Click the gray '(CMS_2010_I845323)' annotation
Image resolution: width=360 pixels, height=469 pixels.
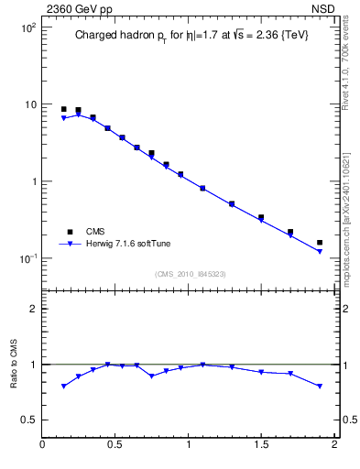coord(189,273)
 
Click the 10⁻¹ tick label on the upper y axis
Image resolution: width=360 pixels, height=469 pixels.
coord(27,258)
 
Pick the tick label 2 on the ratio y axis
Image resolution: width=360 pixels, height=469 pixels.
coord(32,309)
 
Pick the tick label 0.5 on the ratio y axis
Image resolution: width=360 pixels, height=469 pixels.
coord(28,420)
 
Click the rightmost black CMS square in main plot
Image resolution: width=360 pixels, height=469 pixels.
coord(320,243)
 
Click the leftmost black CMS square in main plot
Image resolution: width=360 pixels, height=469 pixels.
coord(63,109)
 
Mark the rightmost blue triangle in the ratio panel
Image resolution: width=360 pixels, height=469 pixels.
coord(320,387)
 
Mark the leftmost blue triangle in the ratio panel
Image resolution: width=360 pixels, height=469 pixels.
coord(63,387)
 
